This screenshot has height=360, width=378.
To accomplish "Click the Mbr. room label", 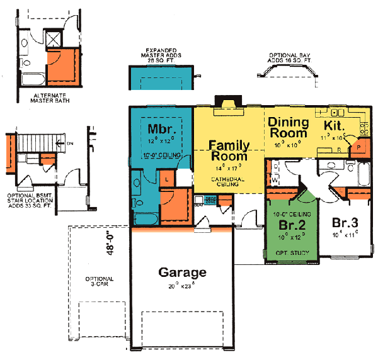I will (160, 130).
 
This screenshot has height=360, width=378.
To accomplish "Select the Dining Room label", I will (288, 127).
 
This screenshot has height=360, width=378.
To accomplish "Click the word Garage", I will (182, 273).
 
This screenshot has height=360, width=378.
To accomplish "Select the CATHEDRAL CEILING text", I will (228, 183).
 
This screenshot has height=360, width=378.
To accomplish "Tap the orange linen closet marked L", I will (166, 180).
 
